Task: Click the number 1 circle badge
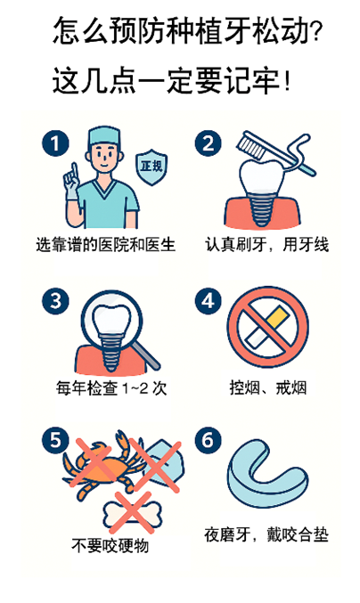[x=55, y=143]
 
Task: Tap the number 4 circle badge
[x=209, y=301]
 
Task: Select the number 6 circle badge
[x=209, y=440]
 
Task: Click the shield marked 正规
[x=151, y=167]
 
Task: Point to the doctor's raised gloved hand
[x=72, y=183]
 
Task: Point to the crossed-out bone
[x=132, y=514]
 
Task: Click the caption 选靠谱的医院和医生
[x=106, y=245]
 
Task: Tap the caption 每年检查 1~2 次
[x=111, y=388]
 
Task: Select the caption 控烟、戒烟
[x=268, y=387]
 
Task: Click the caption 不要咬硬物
[x=110, y=546]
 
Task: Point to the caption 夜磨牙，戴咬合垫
[x=266, y=535]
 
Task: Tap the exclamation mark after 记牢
[x=287, y=81]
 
